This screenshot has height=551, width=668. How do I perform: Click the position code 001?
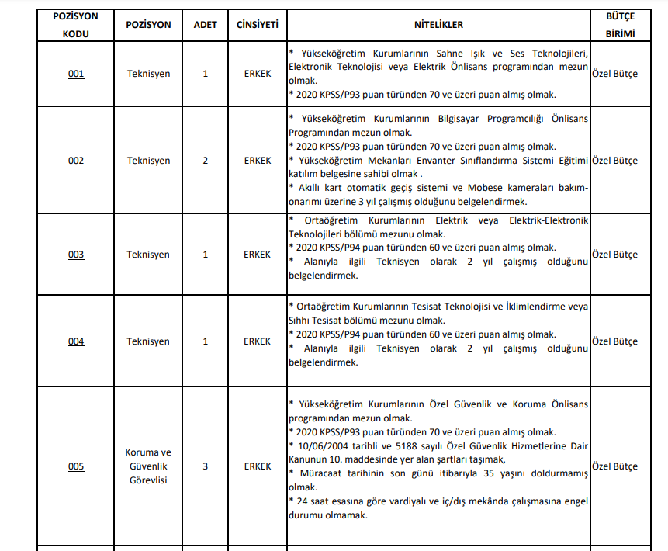(x=76, y=74)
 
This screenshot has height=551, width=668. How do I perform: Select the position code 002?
(x=76, y=161)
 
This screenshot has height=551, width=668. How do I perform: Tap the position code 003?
(x=76, y=255)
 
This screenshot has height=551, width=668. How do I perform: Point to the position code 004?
(x=76, y=341)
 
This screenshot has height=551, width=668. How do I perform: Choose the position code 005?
(x=76, y=466)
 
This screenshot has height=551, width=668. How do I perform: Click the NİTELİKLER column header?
(x=438, y=25)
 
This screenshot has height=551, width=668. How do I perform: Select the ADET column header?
(x=206, y=25)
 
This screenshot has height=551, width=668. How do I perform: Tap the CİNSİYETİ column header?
(x=258, y=25)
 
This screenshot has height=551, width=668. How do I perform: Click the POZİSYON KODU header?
(x=76, y=25)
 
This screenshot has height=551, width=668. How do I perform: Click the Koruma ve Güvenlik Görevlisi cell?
(x=148, y=466)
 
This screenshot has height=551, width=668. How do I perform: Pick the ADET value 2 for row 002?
(x=206, y=161)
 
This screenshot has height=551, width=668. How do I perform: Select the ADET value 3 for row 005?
(x=206, y=466)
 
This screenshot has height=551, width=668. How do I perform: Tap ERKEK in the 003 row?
(x=258, y=255)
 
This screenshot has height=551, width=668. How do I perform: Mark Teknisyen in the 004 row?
(x=148, y=341)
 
